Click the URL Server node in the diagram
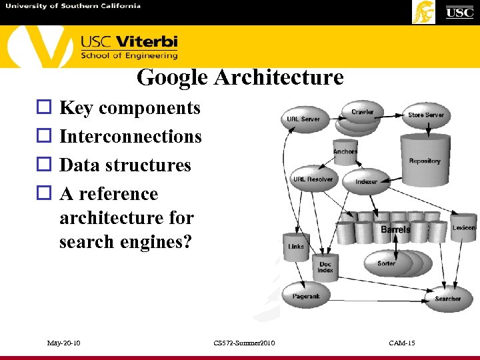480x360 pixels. pyautogui.click(x=303, y=119)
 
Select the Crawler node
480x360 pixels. pyautogui.click(x=362, y=113)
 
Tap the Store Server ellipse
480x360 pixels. pyautogui.click(x=426, y=115)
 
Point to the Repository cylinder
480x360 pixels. pyautogui.click(x=425, y=160)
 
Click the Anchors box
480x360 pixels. pyautogui.click(x=345, y=152)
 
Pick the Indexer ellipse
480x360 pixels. pyautogui.click(x=366, y=181)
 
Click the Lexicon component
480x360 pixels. pyautogui.click(x=463, y=228)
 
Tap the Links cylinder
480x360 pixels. pyautogui.click(x=296, y=247)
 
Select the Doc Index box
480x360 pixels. pyautogui.click(x=325, y=267)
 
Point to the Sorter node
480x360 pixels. pyautogui.click(x=387, y=263)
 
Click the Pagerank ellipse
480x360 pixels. pyautogui.click(x=306, y=295)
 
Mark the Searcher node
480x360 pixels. pyautogui.click(x=447, y=299)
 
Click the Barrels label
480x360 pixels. pyautogui.click(x=395, y=230)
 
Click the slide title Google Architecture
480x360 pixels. pyautogui.click(x=240, y=78)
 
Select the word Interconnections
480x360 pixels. pyautogui.click(x=131, y=136)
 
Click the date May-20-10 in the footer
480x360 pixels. pyautogui.click(x=64, y=343)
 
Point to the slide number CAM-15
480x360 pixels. pyautogui.click(x=402, y=343)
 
